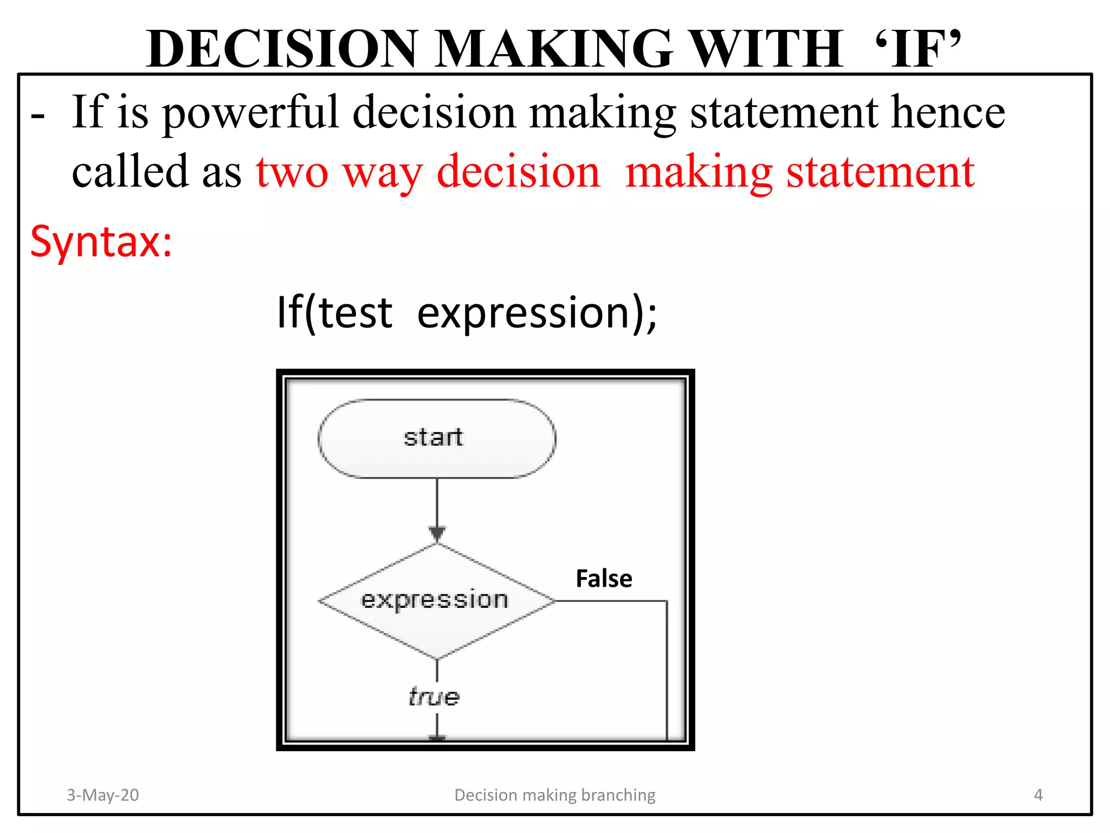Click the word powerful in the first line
click(x=250, y=113)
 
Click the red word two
click(x=292, y=172)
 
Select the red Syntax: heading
click(x=101, y=241)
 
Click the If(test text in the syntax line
click(x=334, y=313)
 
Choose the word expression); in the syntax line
click(x=537, y=313)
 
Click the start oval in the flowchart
click(x=436, y=438)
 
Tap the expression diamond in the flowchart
click(x=436, y=600)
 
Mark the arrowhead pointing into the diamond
click(x=437, y=533)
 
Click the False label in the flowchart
click(x=604, y=579)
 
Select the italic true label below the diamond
click(x=434, y=697)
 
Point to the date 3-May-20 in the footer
click(x=103, y=794)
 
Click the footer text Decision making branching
click(x=554, y=794)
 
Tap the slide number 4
click(x=1038, y=794)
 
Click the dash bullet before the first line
click(x=37, y=116)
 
